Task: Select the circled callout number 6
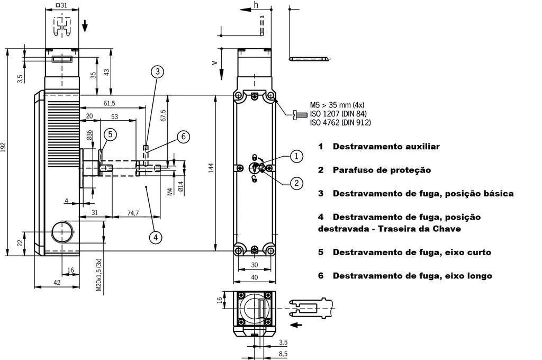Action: pyautogui.click(x=183, y=137)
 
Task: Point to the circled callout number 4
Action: pyautogui.click(x=155, y=237)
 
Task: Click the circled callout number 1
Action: pyautogui.click(x=297, y=156)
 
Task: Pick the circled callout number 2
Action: pyautogui.click(x=297, y=183)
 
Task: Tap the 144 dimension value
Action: pyautogui.click(x=211, y=168)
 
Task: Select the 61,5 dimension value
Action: pyautogui.click(x=110, y=103)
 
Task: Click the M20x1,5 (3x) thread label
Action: pyautogui.click(x=98, y=277)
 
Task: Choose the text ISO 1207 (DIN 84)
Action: pyautogui.click(x=339, y=114)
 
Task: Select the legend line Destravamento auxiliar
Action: pyautogui.click(x=385, y=147)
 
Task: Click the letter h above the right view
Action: pyautogui.click(x=256, y=5)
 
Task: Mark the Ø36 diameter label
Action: pyautogui.click(x=89, y=136)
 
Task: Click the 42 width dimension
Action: pyautogui.click(x=57, y=283)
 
